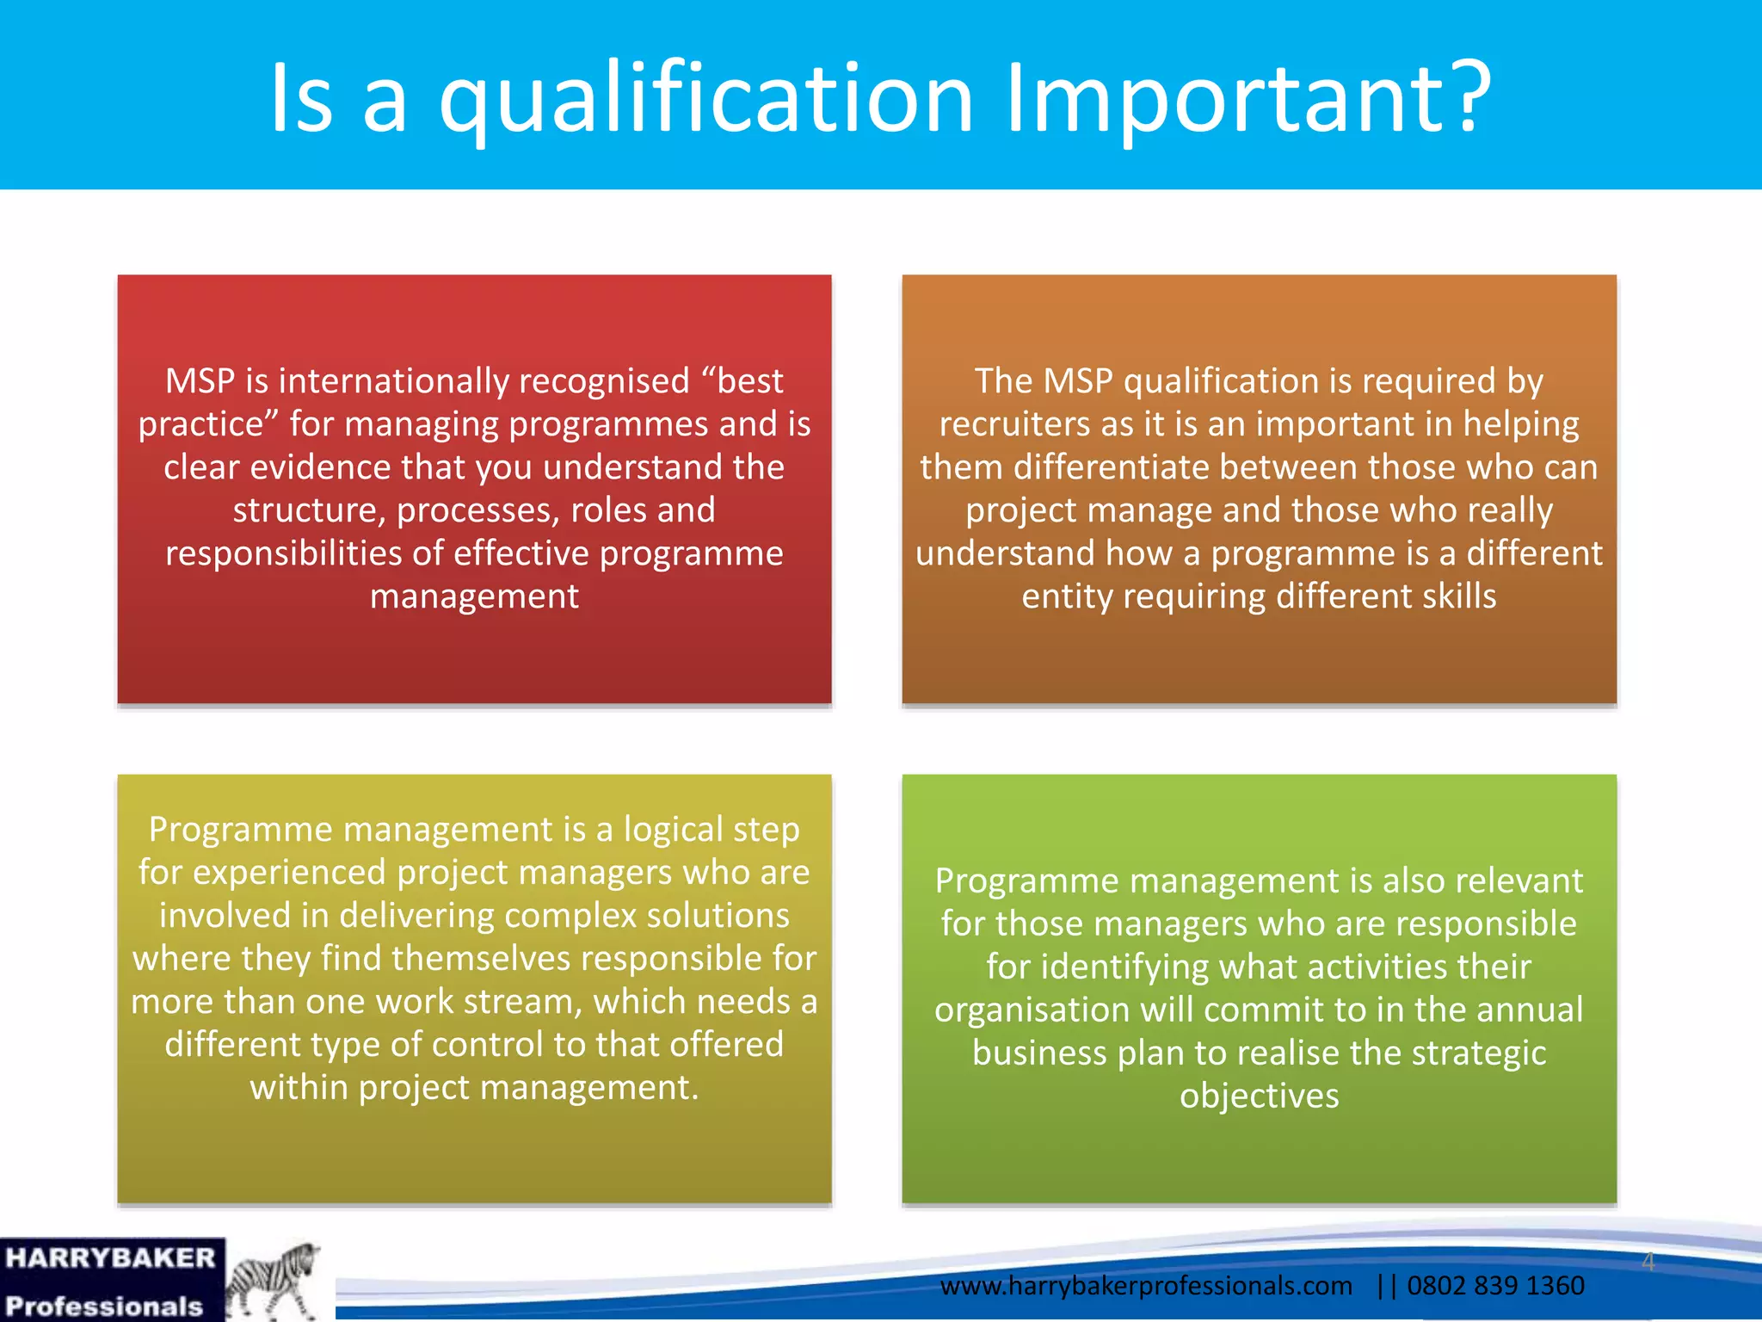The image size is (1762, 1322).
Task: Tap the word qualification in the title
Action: click(x=705, y=99)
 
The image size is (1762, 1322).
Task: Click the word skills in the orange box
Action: click(x=1459, y=596)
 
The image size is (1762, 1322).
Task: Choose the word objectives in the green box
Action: click(x=1259, y=1096)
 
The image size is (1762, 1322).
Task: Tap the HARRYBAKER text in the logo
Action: click(x=110, y=1258)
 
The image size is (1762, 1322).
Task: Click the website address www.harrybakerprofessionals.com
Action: click(x=1145, y=1285)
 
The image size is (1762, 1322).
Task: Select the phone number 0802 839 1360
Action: click(x=1495, y=1285)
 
